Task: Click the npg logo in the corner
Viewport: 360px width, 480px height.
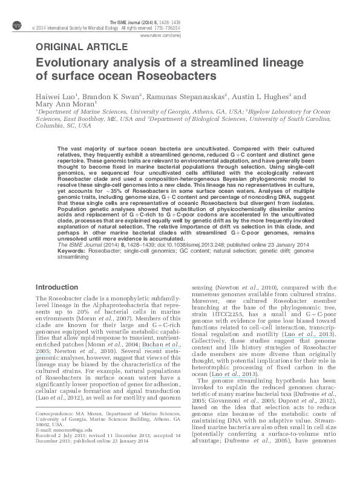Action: point(16,24)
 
